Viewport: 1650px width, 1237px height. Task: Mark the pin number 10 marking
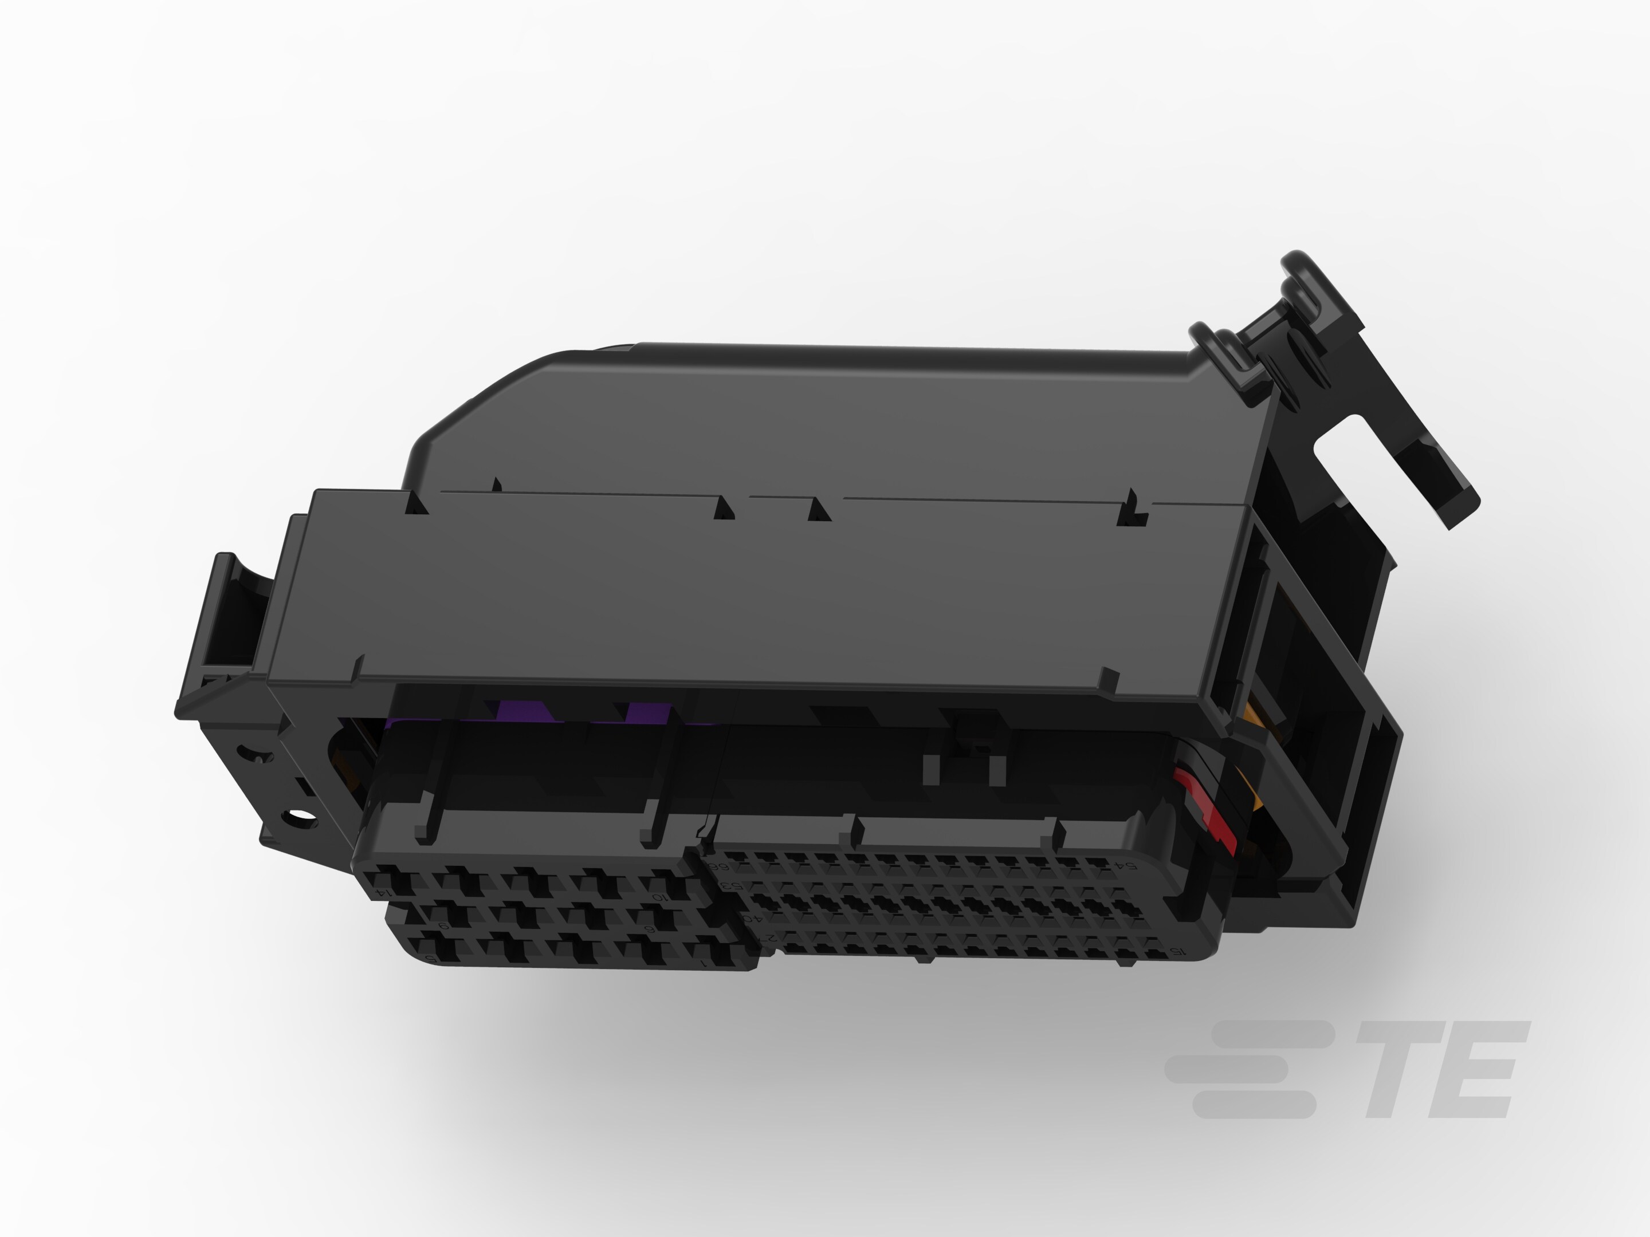coord(659,897)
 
